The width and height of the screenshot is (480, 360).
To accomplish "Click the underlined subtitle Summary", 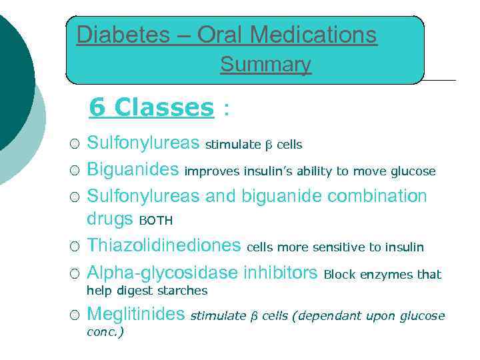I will pyautogui.click(x=265, y=65).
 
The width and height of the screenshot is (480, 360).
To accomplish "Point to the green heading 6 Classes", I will pyautogui.click(x=151, y=107).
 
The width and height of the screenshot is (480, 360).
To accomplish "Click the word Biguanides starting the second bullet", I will pyautogui.click(x=133, y=171).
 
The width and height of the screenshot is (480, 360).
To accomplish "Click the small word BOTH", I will pyautogui.click(x=155, y=221).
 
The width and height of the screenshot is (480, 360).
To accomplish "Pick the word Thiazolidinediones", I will pyautogui.click(x=164, y=246).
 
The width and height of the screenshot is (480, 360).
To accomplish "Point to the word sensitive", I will pyautogui.click(x=339, y=247).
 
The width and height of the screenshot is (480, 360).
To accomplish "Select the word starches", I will pyautogui.click(x=183, y=291).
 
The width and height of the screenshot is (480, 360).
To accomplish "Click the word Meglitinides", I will pyautogui.click(x=136, y=314).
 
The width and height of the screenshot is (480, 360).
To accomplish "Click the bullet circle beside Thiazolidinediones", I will pyautogui.click(x=75, y=247).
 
